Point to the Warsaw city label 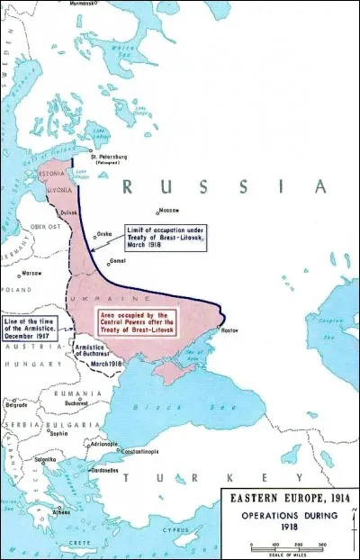pyautogui.click(x=33, y=271)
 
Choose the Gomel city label pyautogui.click(x=118, y=259)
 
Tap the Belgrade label pyautogui.click(x=18, y=405)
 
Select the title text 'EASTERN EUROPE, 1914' pyautogui.click(x=289, y=500)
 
